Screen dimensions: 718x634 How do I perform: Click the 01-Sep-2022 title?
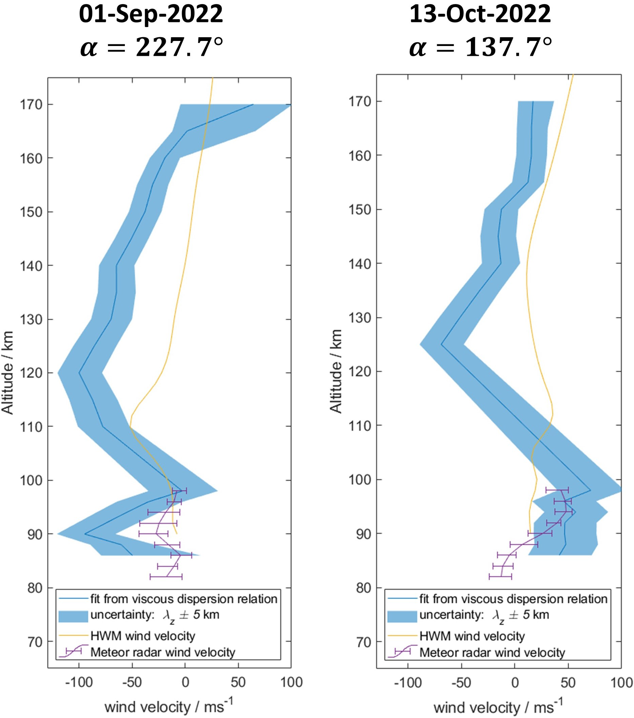[151, 15]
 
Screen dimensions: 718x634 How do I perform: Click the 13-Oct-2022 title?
[480, 15]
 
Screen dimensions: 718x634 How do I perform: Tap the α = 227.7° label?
[151, 47]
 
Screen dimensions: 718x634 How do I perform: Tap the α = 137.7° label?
[480, 47]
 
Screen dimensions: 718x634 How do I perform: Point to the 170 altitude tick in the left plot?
[31, 105]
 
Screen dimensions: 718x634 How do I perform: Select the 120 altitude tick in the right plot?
[360, 372]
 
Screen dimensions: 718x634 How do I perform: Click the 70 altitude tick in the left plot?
[35, 642]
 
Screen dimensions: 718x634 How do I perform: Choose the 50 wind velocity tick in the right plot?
[568, 683]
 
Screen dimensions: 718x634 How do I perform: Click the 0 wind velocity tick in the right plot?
[515, 683]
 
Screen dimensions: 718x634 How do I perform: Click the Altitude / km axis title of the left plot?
[8, 372]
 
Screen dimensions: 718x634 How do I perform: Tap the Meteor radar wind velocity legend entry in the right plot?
[492, 653]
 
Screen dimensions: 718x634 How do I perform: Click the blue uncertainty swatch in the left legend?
[73, 617]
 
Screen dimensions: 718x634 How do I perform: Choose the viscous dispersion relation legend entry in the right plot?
[513, 599]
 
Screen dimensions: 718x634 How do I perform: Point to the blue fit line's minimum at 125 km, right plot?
[442, 344]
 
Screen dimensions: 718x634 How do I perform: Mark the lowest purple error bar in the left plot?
[166, 577]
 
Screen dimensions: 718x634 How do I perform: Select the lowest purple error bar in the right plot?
[500, 577]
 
